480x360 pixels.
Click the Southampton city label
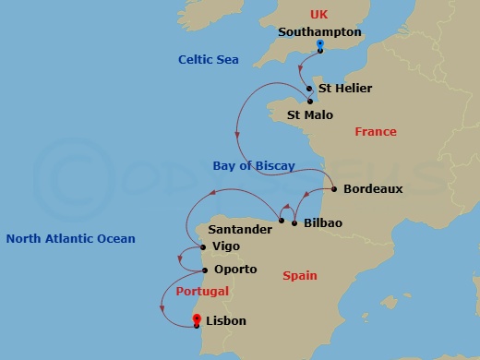319,31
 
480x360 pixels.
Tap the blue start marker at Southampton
319,45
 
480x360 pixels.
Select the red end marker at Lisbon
197,320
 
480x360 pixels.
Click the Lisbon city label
227,321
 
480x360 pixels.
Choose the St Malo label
310,115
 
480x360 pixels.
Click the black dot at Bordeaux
332,188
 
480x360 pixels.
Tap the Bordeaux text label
373,188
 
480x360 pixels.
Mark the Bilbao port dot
294,223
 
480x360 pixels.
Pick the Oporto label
235,270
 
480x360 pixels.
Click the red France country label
376,132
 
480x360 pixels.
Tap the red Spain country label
300,275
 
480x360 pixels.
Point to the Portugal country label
201,291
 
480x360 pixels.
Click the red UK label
319,14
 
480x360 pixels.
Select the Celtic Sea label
209,60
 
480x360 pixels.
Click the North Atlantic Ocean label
70,239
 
